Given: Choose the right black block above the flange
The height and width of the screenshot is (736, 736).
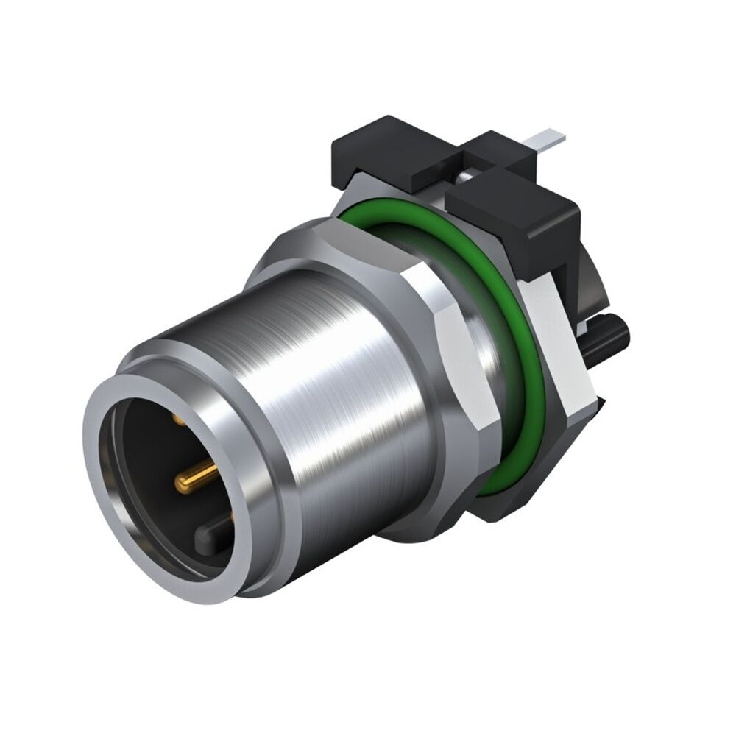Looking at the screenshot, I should pyautogui.click(x=515, y=213).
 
